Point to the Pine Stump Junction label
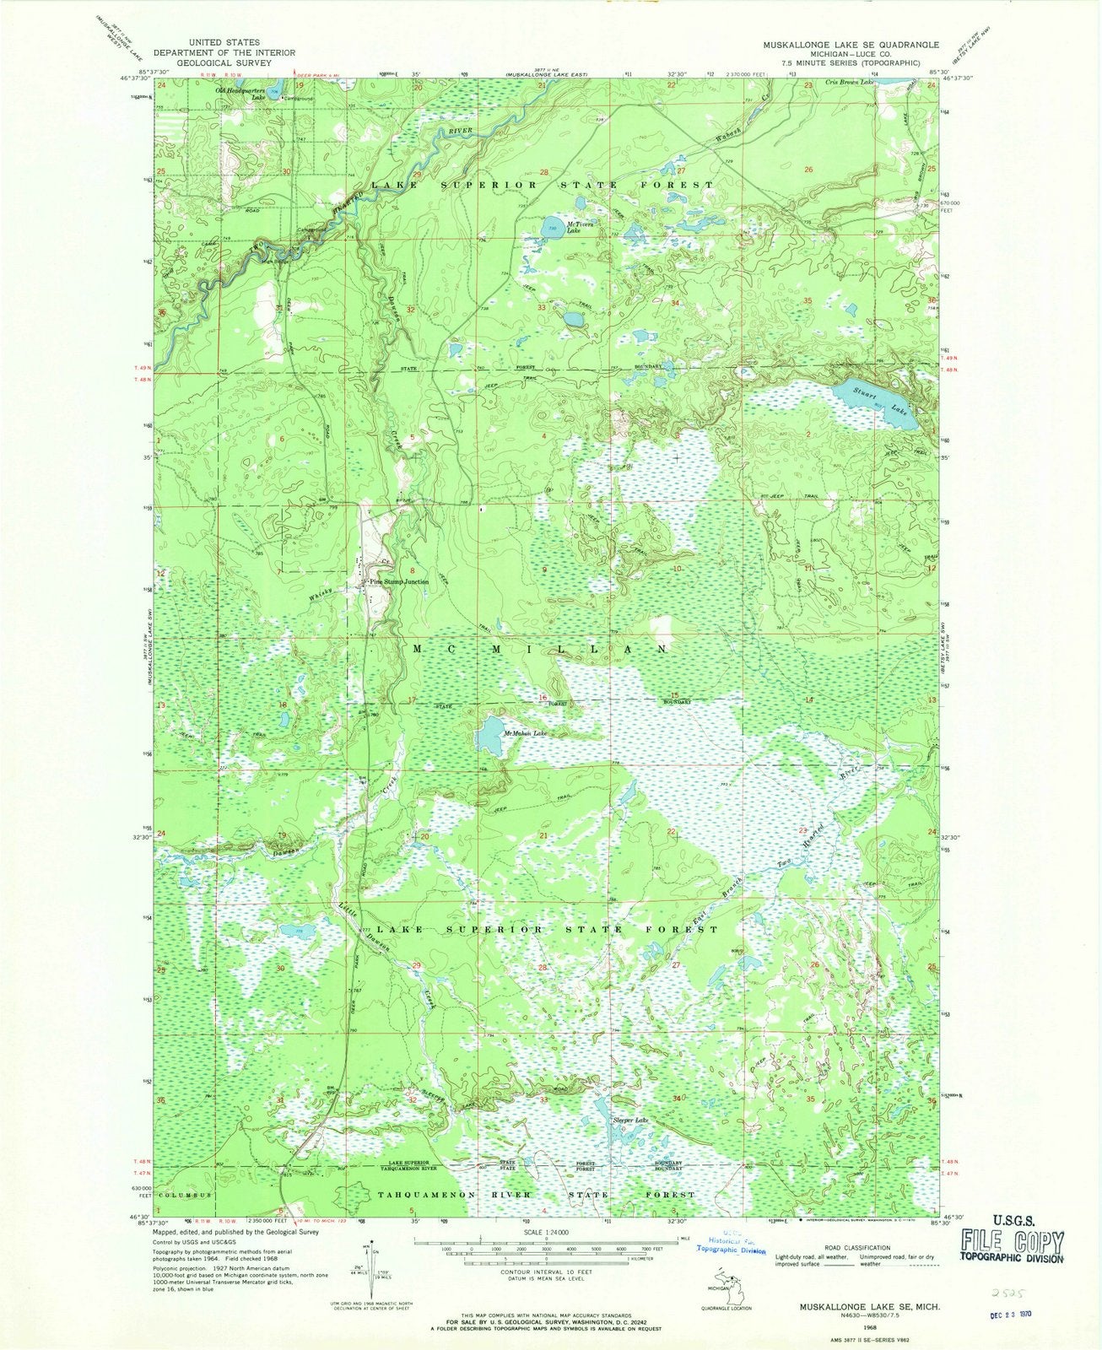396,582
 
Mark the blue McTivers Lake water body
554,228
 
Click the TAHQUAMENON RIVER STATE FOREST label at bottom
536,1195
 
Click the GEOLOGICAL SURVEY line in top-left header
224,62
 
